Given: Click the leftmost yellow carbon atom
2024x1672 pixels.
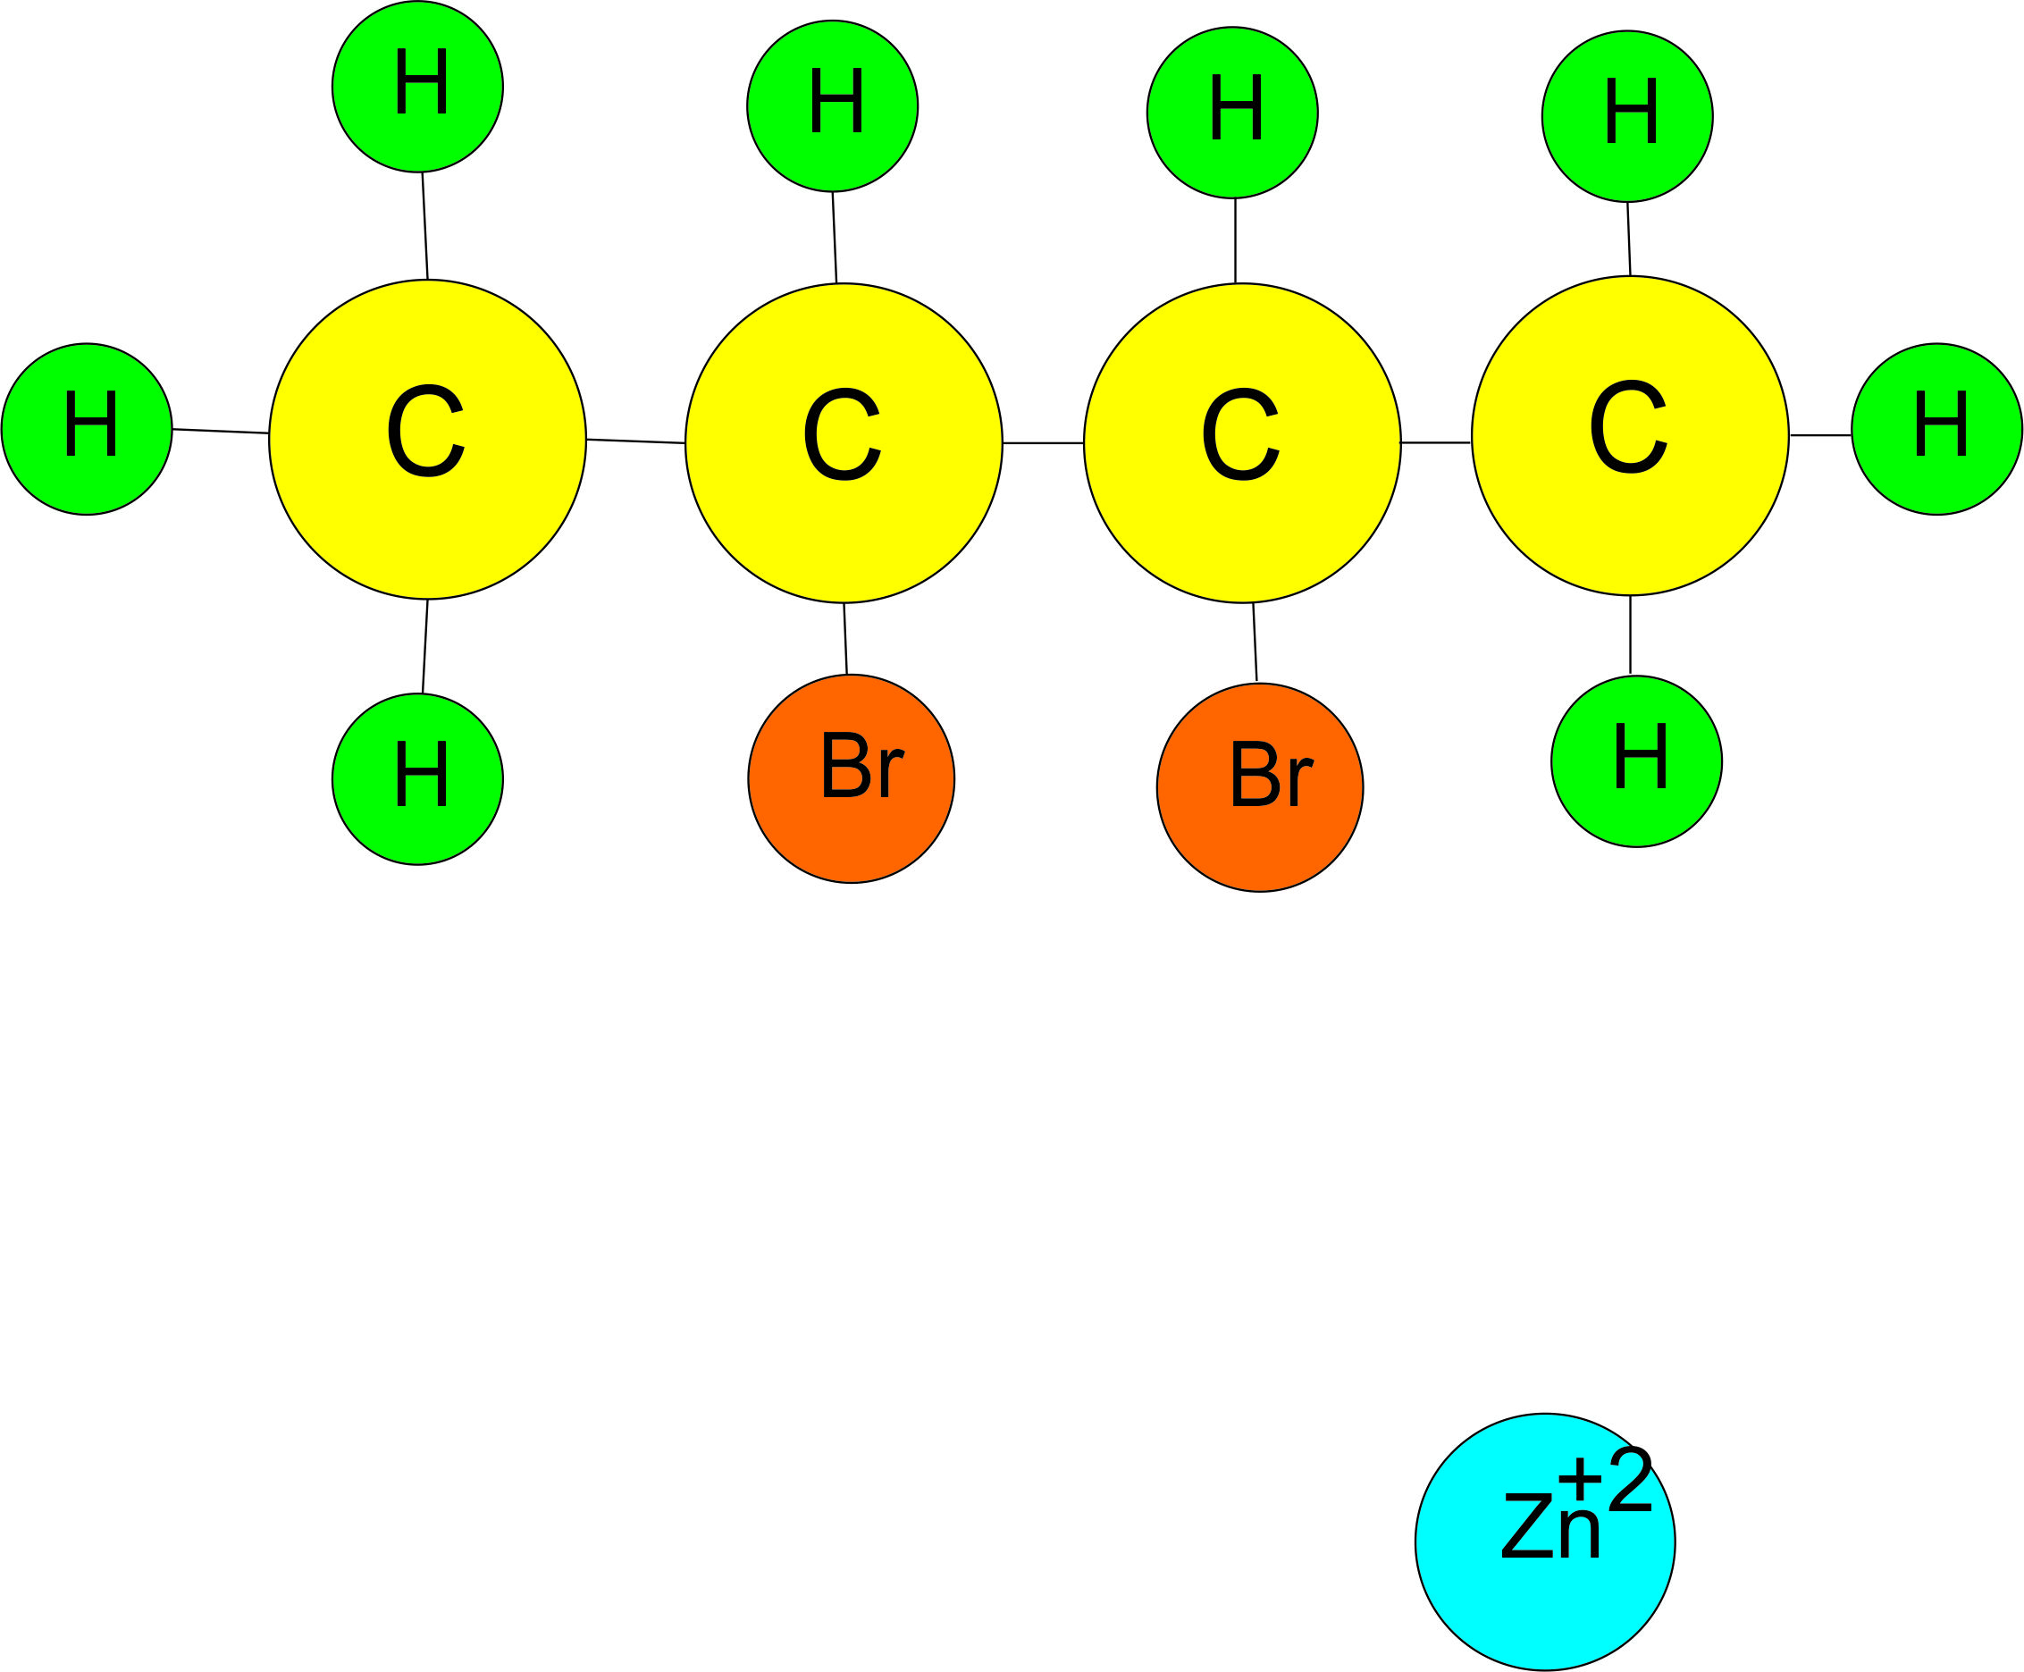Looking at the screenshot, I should (x=427, y=439).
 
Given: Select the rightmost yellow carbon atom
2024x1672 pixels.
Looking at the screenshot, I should (x=1630, y=435).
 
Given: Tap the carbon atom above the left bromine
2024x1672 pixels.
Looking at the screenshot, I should (x=844, y=443).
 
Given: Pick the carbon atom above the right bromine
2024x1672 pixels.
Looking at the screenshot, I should (x=1242, y=443).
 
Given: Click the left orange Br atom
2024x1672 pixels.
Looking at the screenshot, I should (x=852, y=778).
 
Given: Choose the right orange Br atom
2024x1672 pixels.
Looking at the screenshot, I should (x=1259, y=787).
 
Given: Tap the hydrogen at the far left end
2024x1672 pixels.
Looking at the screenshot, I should (x=87, y=429).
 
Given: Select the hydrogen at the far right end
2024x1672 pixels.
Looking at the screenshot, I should (x=1936, y=429).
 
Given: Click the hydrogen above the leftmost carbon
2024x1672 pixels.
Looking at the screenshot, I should (x=417, y=87).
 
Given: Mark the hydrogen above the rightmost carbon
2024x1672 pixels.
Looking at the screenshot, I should (x=1627, y=116).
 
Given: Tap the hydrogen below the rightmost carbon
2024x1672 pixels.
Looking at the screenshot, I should (x=1636, y=760).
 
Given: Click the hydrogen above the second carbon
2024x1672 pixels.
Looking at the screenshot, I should (x=832, y=106).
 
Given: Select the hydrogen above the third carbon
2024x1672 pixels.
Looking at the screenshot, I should (x=1231, y=113).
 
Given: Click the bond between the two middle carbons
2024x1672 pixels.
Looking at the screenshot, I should (x=1043, y=443).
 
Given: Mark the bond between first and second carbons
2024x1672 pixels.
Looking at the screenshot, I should (x=635, y=441).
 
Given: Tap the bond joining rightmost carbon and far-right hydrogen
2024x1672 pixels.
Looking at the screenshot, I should (x=1820, y=435).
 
